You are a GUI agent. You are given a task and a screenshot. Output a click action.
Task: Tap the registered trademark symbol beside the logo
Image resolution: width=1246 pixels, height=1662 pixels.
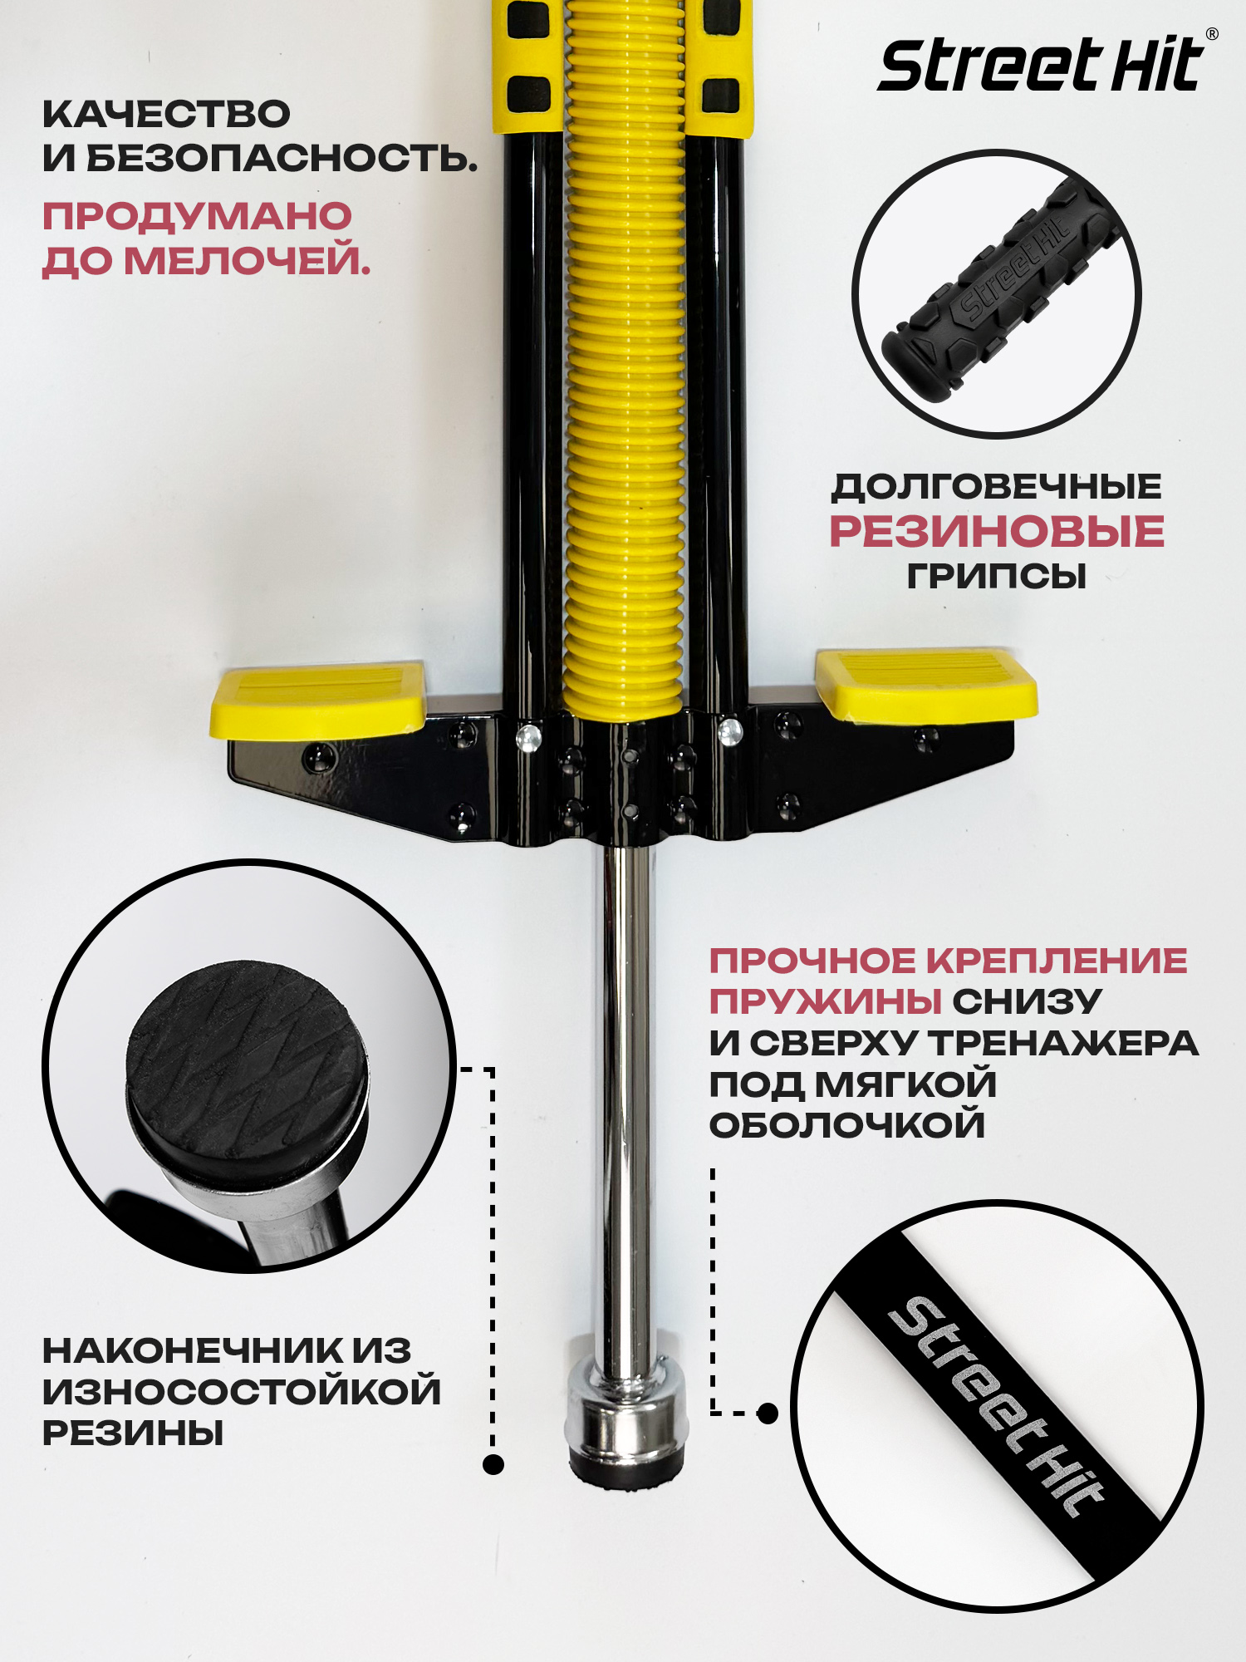click(1212, 34)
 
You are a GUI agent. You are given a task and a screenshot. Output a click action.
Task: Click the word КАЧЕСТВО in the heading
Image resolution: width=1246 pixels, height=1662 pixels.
click(166, 114)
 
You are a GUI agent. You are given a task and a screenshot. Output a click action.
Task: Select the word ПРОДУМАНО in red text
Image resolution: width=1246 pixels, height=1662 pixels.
click(198, 216)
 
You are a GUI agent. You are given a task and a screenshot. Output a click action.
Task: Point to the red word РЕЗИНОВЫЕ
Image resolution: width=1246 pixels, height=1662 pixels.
click(997, 531)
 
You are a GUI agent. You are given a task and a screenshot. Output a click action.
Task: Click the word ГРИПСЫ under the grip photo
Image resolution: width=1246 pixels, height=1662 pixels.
click(997, 575)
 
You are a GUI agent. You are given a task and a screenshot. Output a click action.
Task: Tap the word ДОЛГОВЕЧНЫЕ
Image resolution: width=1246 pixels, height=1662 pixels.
click(997, 486)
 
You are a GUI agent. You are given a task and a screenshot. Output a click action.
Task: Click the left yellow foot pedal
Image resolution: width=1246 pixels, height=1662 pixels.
click(318, 699)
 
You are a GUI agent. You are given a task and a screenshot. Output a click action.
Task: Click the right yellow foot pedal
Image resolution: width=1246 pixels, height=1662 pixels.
click(926, 683)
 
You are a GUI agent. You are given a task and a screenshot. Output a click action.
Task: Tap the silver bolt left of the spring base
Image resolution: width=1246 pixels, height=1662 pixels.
click(528, 737)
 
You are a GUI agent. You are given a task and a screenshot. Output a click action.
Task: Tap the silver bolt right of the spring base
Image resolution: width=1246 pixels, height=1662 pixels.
click(730, 731)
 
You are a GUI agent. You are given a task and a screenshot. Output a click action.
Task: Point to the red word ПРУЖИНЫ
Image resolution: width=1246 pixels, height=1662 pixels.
click(825, 1001)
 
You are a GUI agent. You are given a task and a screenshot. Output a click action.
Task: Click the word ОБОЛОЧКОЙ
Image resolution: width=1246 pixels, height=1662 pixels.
click(847, 1125)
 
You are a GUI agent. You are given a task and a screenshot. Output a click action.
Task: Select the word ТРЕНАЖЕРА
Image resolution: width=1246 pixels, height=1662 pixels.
click(1063, 1043)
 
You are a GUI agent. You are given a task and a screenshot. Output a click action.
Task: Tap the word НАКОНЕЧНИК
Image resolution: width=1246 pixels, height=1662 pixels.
click(192, 1350)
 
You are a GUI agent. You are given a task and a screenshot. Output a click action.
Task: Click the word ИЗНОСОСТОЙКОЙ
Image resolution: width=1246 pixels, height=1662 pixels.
click(242, 1392)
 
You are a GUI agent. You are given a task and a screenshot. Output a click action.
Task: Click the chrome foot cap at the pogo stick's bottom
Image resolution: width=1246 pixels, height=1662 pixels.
click(626, 1413)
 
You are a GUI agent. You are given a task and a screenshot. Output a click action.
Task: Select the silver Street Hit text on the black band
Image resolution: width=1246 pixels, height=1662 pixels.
click(997, 1407)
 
